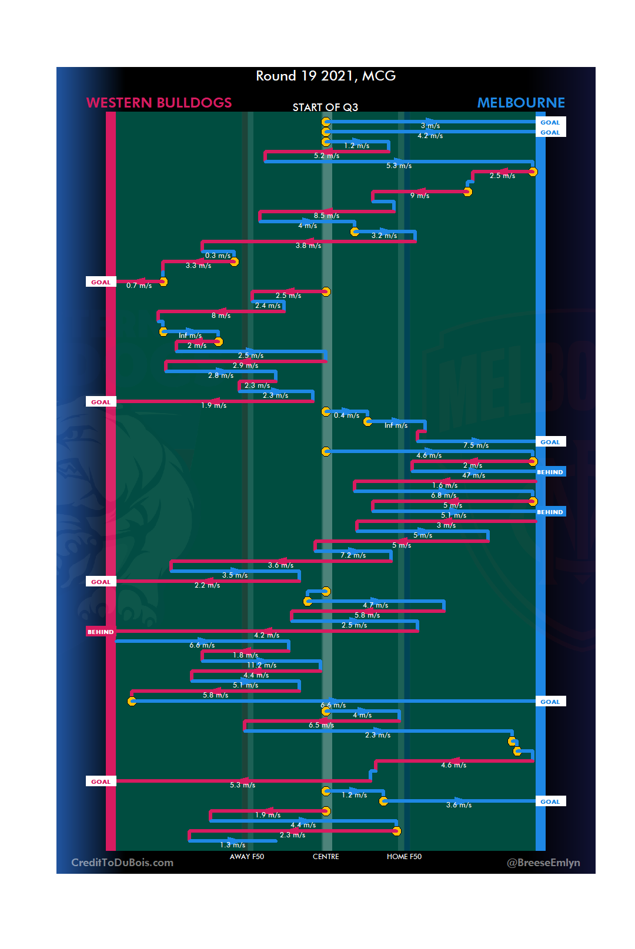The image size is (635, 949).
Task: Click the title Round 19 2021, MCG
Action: pos(326,76)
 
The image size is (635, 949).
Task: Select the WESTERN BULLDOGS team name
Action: pos(159,103)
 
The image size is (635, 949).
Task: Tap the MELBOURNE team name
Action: pos(521,103)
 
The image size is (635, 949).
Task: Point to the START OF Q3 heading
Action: pos(325,107)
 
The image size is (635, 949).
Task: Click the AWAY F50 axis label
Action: pos(247,857)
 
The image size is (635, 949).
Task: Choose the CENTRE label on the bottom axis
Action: pos(326,857)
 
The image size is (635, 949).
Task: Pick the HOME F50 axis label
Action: pos(404,857)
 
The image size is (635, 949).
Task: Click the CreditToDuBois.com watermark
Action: pos(122,863)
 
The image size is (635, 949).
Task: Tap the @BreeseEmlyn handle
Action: pos(543,863)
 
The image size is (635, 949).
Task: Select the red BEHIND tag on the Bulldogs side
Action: pos(101,632)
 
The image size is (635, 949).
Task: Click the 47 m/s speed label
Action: pos(474,475)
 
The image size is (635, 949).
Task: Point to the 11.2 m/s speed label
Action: pos(262,665)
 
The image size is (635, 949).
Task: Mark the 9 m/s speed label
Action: pos(420,196)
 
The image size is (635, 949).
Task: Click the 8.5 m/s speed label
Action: pos(326,216)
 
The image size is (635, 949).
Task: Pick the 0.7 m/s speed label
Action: pos(139,286)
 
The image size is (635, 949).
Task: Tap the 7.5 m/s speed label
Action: pos(476,445)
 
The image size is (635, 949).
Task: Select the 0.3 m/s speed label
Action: pos(218,256)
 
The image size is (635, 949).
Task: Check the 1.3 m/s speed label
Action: pos(233,845)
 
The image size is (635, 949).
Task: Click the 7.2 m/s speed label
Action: pos(353,555)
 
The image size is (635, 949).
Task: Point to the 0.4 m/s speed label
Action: pos(346,415)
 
